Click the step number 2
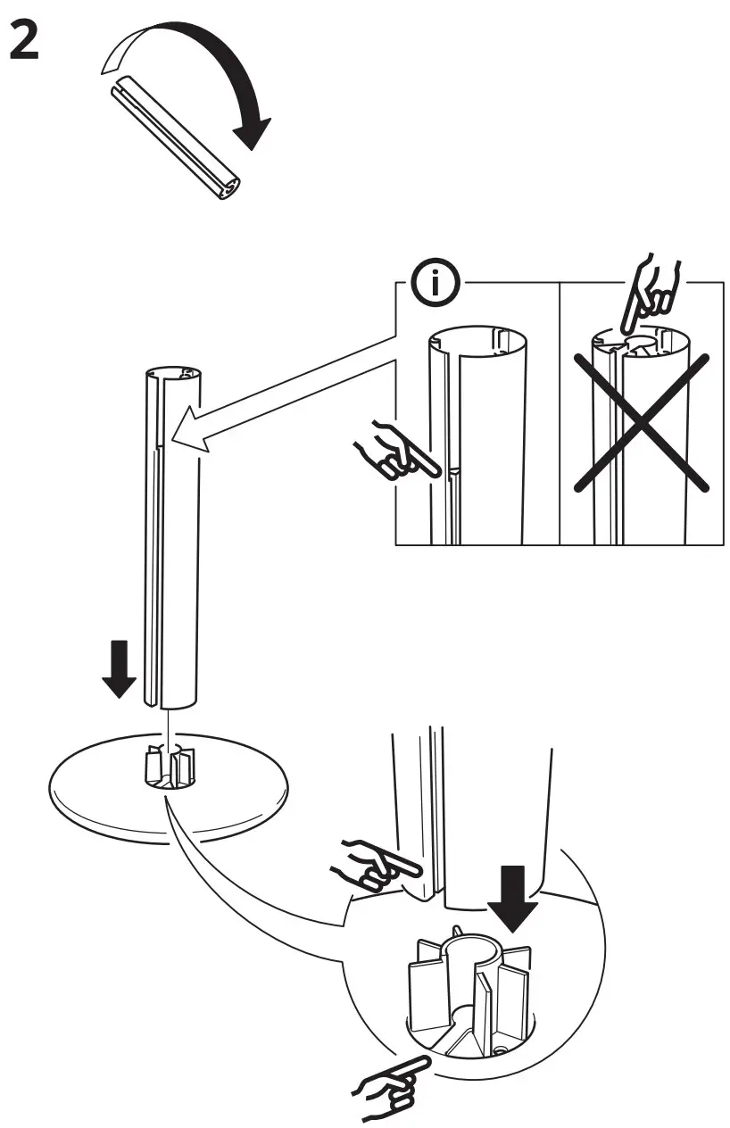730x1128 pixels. [x=25, y=42]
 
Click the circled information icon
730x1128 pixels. [x=435, y=285]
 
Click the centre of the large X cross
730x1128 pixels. [x=641, y=421]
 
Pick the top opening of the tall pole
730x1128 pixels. [x=172, y=371]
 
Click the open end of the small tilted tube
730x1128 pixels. [x=230, y=188]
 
